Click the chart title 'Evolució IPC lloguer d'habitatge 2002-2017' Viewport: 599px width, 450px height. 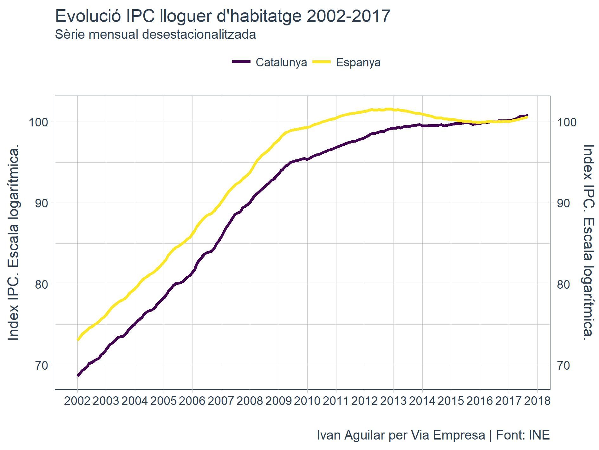point(222,16)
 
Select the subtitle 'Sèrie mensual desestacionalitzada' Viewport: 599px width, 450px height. point(155,34)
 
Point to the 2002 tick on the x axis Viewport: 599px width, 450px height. point(77,401)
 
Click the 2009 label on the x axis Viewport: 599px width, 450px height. point(279,401)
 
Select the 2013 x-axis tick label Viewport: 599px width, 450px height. point(394,401)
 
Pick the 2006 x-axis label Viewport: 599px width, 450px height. point(192,401)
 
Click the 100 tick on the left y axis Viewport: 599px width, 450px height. point(39,122)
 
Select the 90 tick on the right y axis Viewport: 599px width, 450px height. point(563,203)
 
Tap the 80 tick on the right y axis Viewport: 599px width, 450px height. point(563,284)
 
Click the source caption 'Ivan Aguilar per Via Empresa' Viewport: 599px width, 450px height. point(401,435)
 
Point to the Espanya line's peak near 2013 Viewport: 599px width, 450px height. point(388,109)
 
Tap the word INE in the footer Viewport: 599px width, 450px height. point(539,435)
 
